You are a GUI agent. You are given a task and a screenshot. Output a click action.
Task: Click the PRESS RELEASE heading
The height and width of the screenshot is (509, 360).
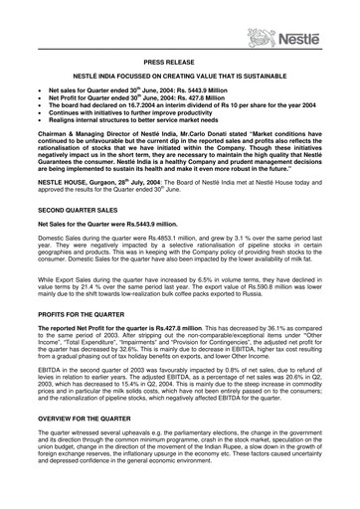(179, 62)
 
